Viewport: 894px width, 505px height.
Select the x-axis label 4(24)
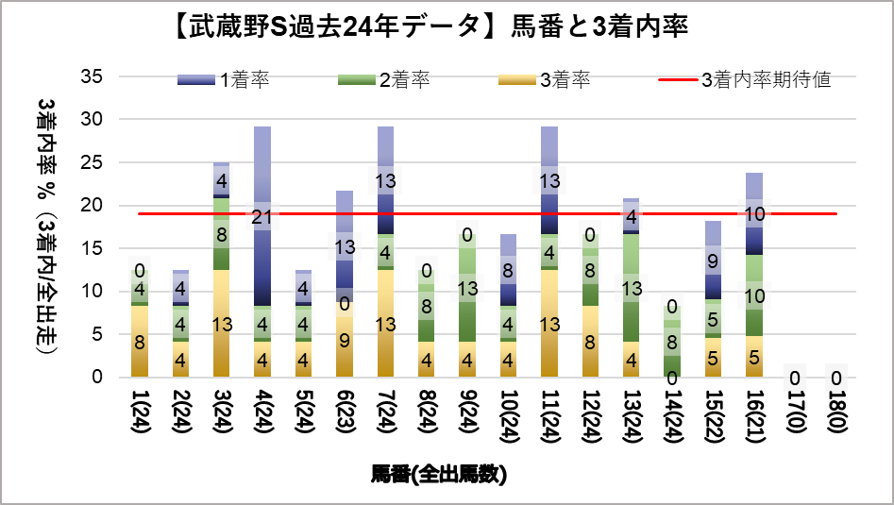[x=262, y=416]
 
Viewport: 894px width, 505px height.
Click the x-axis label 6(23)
[x=344, y=416]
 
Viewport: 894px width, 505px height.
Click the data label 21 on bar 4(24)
[x=261, y=218]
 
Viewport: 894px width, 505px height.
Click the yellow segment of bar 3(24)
[x=221, y=324]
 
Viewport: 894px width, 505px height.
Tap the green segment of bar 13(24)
[x=631, y=288]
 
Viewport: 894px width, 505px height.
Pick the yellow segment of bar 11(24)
[x=548, y=324]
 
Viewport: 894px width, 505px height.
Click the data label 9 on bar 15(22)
[x=713, y=261]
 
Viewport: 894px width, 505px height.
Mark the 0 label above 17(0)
[x=794, y=379]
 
